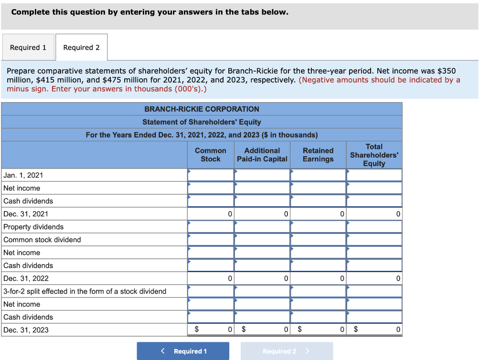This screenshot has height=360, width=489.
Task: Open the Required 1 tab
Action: (x=28, y=47)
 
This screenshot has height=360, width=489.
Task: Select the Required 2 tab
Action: (x=81, y=47)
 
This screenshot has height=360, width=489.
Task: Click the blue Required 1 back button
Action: (x=183, y=351)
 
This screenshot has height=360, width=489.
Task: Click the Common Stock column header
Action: (x=211, y=155)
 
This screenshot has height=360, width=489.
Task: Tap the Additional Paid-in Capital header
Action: (x=262, y=155)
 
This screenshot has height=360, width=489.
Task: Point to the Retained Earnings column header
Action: (x=318, y=155)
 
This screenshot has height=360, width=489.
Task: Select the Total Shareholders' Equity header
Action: (x=374, y=155)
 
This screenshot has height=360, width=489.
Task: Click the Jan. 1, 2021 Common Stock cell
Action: (x=211, y=175)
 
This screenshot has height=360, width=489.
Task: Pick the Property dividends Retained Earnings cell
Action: (x=318, y=227)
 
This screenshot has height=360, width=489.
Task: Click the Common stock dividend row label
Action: (x=42, y=240)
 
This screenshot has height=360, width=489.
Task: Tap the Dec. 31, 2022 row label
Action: (x=26, y=278)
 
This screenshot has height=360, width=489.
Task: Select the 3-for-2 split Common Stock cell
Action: (x=211, y=291)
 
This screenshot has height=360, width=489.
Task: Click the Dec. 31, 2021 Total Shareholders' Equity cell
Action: (x=374, y=214)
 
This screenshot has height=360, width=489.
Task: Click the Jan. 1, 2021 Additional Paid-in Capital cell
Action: (x=262, y=175)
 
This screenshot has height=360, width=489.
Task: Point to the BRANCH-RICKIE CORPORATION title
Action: (x=202, y=109)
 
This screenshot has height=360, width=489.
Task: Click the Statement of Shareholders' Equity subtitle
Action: (x=202, y=122)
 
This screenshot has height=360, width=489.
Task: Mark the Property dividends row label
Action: (x=33, y=227)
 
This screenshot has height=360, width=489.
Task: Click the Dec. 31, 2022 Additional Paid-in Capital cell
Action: (x=262, y=278)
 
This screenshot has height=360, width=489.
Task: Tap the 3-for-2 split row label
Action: (x=85, y=291)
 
